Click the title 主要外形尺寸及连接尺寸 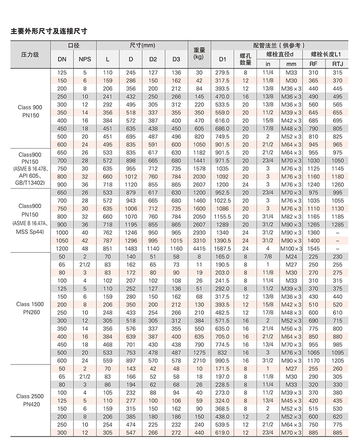pyautogui.click(x=49, y=31)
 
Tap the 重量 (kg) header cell pyautogui.click(x=199, y=54)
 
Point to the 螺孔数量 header pyautogui.click(x=245, y=59)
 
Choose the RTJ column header pyautogui.click(x=337, y=64)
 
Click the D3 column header pyautogui.click(x=176, y=59)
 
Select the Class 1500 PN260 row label pyautogui.click(x=29, y=307)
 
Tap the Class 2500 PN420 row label pyautogui.click(x=29, y=400)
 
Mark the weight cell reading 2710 pyautogui.click(x=199, y=360)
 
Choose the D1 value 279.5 pyautogui.click(x=222, y=72)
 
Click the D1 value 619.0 pyautogui.click(x=222, y=432)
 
